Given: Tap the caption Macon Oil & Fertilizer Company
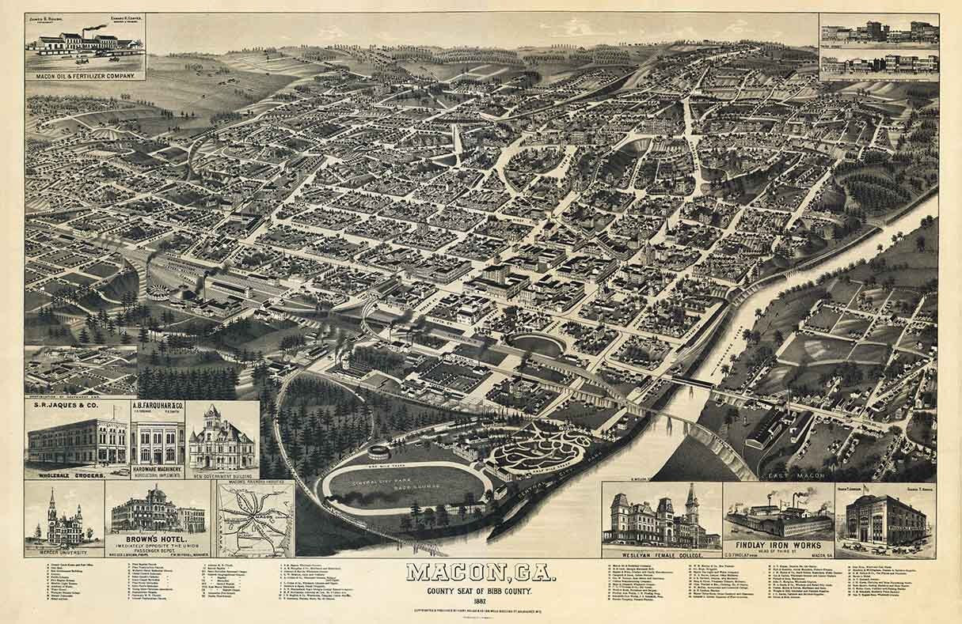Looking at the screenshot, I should click(x=86, y=76).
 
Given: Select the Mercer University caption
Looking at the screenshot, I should click(x=64, y=551).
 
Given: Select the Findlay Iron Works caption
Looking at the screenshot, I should click(x=779, y=545).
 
